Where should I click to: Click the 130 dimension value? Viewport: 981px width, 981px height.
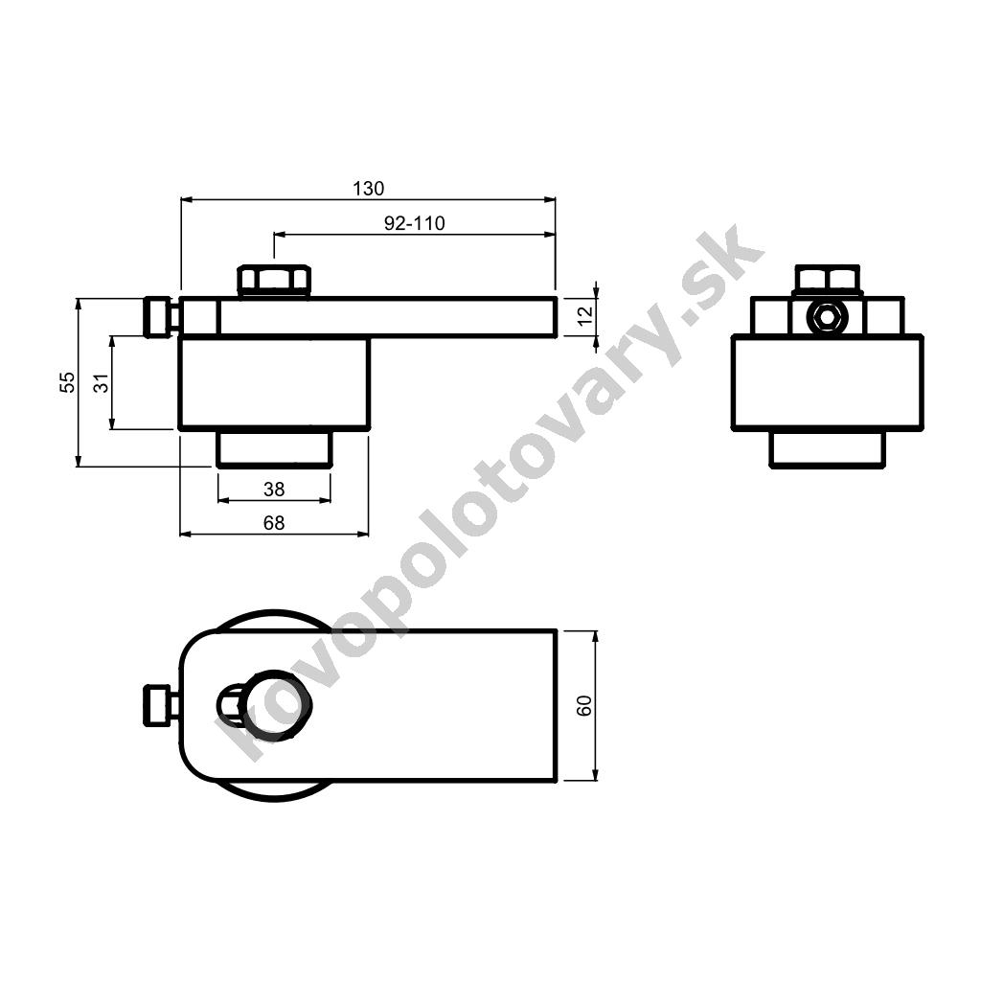(x=368, y=189)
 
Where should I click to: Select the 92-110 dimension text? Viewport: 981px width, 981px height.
(x=414, y=223)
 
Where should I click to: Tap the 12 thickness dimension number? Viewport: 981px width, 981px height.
(x=585, y=316)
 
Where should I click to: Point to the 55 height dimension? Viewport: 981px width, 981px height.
(x=67, y=382)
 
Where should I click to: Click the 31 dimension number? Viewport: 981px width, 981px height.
(x=101, y=383)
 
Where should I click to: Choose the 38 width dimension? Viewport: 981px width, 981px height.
(x=274, y=490)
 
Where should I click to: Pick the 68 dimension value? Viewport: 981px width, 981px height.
(x=274, y=522)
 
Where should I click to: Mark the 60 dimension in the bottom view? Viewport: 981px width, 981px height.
(x=584, y=706)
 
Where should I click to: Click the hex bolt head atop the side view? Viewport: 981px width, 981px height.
(x=273, y=281)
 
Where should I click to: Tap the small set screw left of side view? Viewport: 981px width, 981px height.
(x=160, y=316)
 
